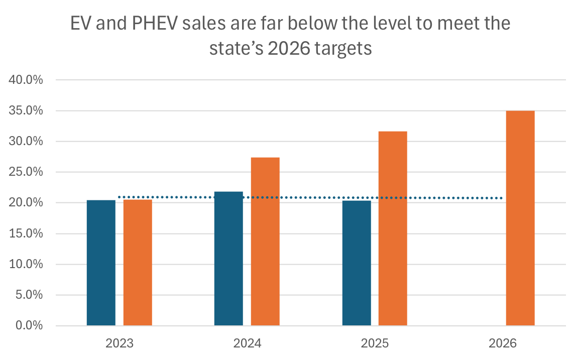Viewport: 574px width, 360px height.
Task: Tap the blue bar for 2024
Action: pos(228,259)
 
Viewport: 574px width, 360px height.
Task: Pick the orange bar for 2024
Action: pos(265,242)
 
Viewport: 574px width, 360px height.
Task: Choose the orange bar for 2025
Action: pos(393,228)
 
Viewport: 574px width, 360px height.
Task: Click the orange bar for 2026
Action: pos(520,218)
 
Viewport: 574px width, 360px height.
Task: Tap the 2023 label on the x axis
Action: pos(120,344)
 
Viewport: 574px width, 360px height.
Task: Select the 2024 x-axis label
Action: pos(247,344)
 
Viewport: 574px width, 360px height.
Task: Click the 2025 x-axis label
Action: pos(375,344)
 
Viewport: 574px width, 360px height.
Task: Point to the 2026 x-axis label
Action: pos(502,344)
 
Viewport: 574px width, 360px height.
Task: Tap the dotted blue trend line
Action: pos(311,198)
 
